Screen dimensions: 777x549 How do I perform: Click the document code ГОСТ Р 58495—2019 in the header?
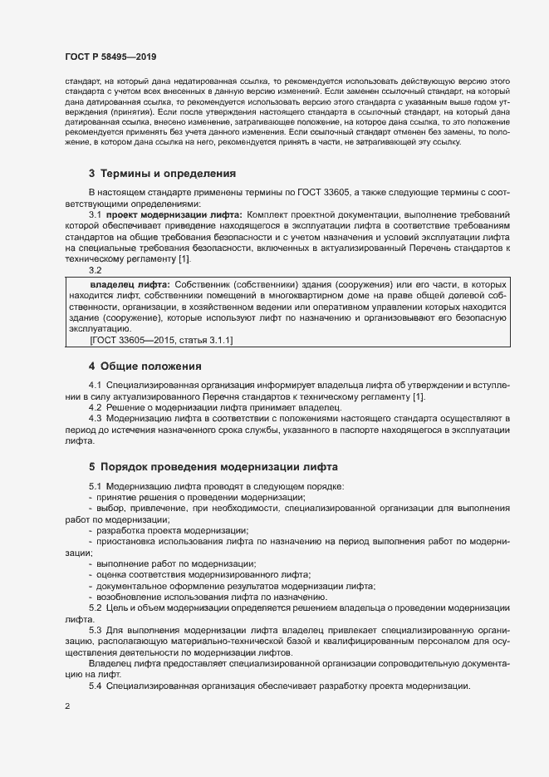110,56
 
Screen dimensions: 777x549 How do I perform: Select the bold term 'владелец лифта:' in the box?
129,285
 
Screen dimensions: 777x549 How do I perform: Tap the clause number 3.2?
95,270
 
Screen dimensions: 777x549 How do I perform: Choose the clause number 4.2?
95,407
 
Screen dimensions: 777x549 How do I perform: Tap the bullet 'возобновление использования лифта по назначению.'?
212,597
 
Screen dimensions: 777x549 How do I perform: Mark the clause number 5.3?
95,630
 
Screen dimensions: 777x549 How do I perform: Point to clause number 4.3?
95,418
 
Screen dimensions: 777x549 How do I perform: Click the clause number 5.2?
95,608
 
